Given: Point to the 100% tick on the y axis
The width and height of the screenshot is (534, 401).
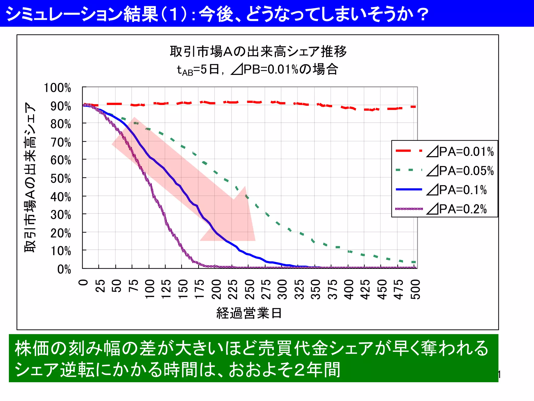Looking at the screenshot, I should (57, 88).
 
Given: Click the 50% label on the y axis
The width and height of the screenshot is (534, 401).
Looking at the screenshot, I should (60, 179).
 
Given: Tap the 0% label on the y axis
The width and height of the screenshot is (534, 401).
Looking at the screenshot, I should (64, 269).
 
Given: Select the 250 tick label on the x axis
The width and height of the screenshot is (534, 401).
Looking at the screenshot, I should (250, 289).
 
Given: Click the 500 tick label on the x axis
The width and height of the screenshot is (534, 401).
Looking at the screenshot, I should (416, 289).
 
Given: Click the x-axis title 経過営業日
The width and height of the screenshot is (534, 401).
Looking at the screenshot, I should (249, 313).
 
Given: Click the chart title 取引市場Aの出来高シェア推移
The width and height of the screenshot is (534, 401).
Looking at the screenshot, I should (258, 51).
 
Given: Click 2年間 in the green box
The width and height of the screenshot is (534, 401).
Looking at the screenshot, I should (317, 370).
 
